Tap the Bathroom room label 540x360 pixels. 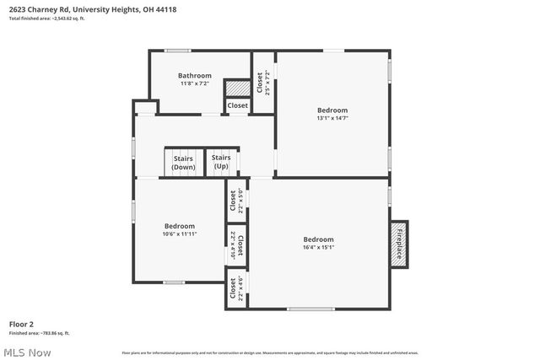tap(194, 76)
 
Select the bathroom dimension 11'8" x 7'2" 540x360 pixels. tap(194, 83)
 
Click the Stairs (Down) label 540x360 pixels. tap(183, 163)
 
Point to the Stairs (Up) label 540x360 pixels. tap(221, 162)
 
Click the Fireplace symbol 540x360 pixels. tap(401, 244)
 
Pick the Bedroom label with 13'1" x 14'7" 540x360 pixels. tap(332, 110)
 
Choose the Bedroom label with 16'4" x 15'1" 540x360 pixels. tap(318, 239)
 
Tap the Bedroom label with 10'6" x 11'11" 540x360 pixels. tap(180, 226)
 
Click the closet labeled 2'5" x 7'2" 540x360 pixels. tap(263, 83)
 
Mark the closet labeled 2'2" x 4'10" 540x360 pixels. tap(237, 244)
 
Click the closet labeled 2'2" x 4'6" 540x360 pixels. tap(236, 288)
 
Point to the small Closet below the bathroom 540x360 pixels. tap(237, 105)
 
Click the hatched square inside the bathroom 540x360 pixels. tap(237, 87)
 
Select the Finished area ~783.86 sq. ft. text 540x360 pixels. tap(40, 333)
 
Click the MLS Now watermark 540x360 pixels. tap(26, 352)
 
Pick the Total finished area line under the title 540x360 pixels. tap(46, 18)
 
